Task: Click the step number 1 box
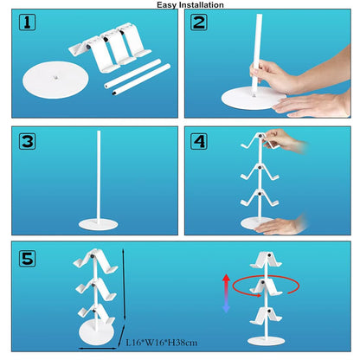pyautogui.click(x=27, y=22)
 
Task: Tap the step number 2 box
pyautogui.click(x=199, y=22)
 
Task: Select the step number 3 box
pyautogui.click(x=27, y=141)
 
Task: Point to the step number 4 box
pyautogui.click(x=199, y=141)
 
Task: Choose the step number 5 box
pyautogui.click(x=27, y=258)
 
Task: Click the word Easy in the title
pyautogui.click(x=167, y=5)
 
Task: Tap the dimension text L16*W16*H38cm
pyautogui.click(x=162, y=343)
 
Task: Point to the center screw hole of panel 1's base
pyautogui.click(x=55, y=77)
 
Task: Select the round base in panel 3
pyautogui.click(x=98, y=225)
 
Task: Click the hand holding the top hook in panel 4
pyautogui.click(x=284, y=140)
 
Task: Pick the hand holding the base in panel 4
pyautogui.click(x=280, y=226)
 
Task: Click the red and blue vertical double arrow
pyautogui.click(x=226, y=293)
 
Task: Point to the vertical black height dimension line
pyautogui.click(x=125, y=285)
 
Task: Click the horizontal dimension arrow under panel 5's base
pyautogui.click(x=98, y=349)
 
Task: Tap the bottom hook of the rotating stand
pyautogui.click(x=266, y=315)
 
